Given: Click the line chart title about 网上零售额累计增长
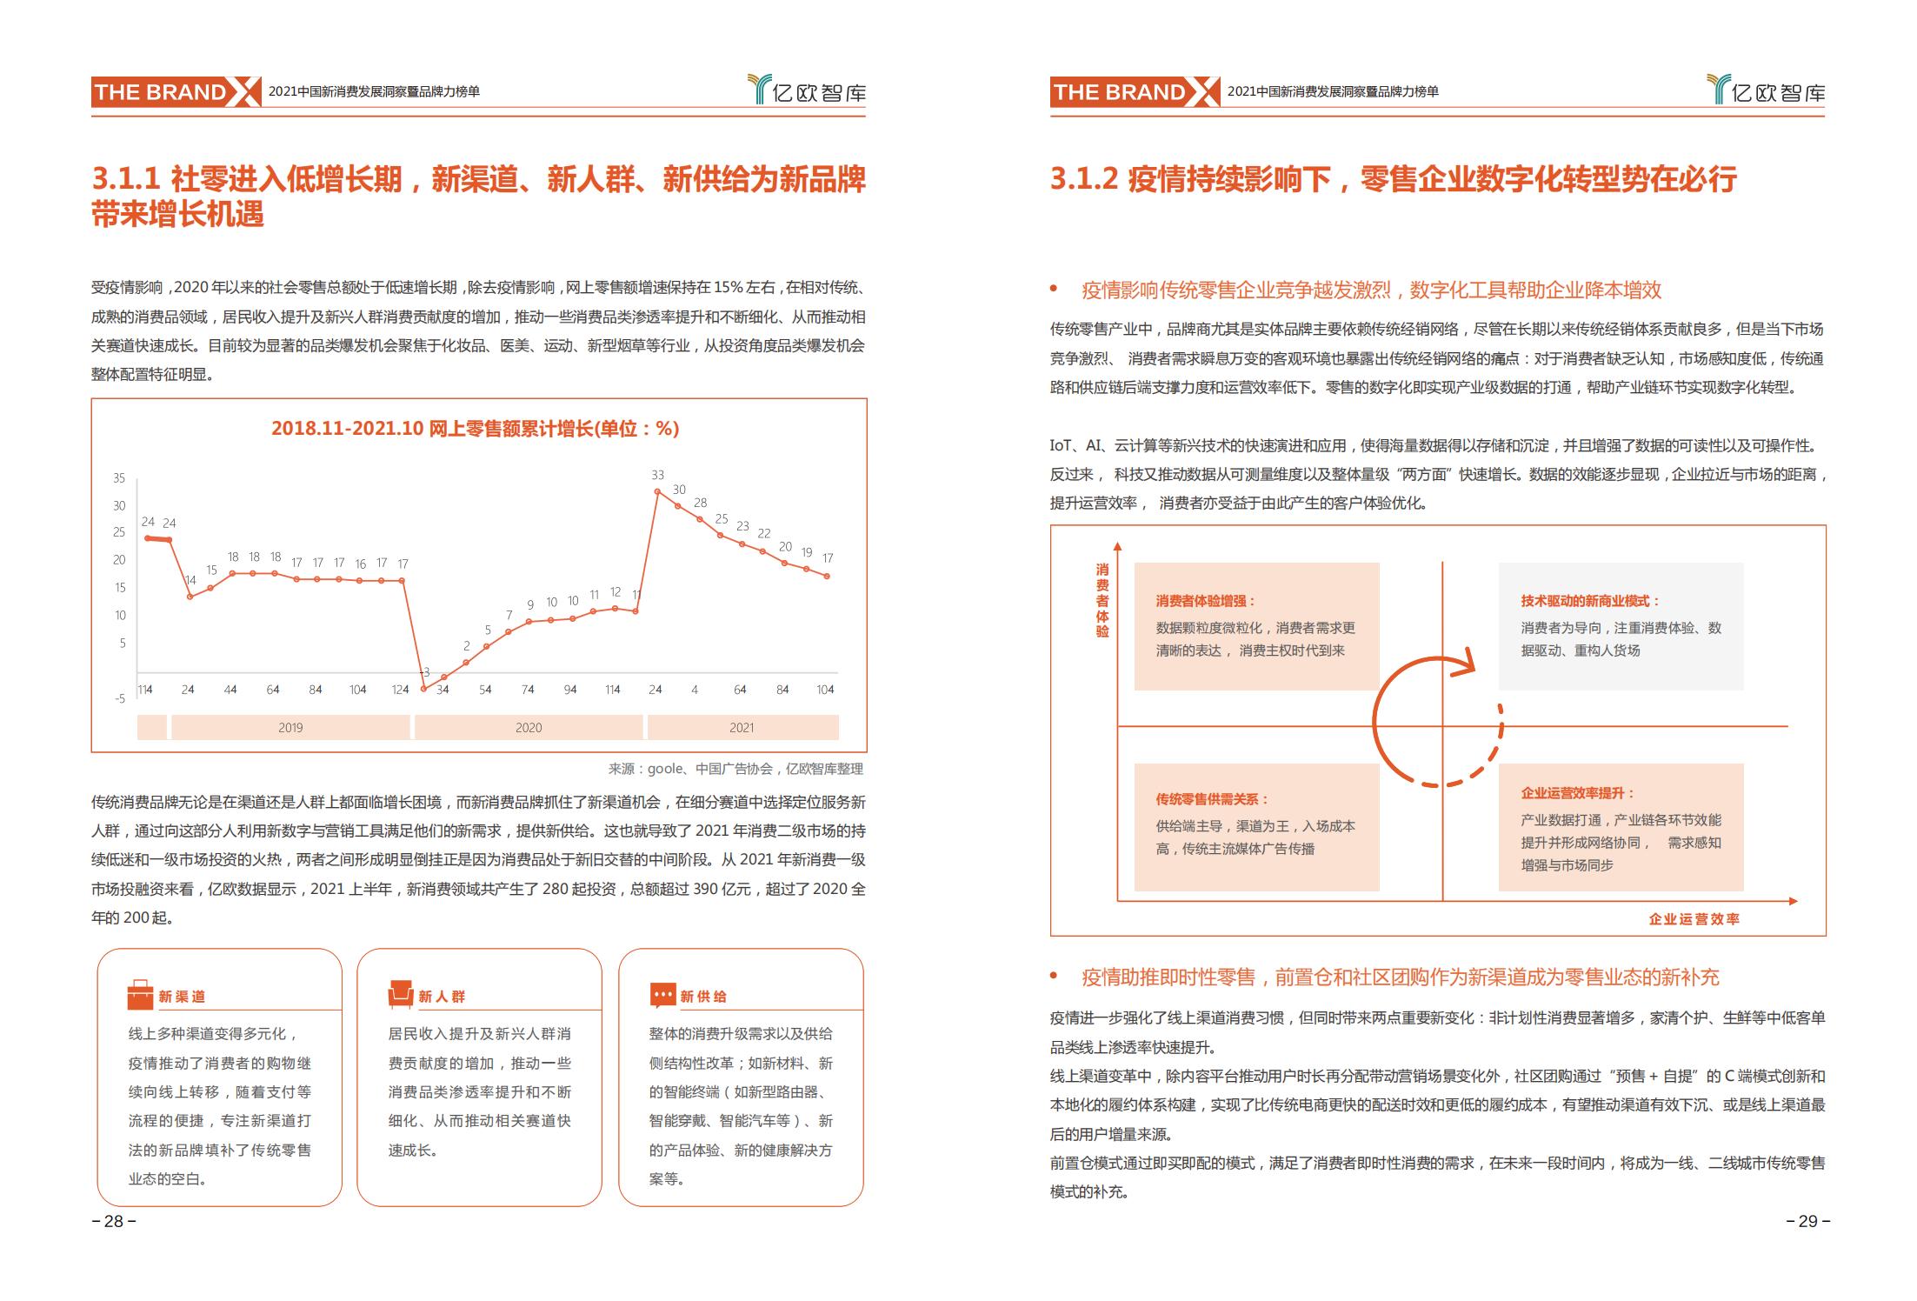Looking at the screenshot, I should (475, 429).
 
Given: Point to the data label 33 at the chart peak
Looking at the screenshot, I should (657, 475).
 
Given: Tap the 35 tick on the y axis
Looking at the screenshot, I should (119, 478).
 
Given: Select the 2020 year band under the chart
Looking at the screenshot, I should (529, 727).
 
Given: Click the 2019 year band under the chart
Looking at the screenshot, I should (290, 727).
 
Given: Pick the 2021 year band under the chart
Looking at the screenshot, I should (742, 727).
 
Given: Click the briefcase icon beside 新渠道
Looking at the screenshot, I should (140, 995).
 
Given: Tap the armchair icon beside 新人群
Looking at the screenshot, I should (401, 995).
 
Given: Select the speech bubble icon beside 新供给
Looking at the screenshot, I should (662, 995).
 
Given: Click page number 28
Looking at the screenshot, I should (114, 1221).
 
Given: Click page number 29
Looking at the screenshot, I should (1807, 1221).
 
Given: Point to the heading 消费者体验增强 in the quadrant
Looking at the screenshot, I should (1206, 601).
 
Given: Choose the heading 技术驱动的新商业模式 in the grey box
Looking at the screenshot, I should (1590, 601).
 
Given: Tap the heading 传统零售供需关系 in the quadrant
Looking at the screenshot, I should (1212, 799).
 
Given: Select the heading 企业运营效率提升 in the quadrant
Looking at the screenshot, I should (1577, 793).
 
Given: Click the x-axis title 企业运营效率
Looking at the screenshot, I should (1694, 919).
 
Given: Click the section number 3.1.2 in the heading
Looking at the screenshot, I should (1083, 179).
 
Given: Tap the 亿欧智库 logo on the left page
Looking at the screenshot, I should (808, 91).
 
